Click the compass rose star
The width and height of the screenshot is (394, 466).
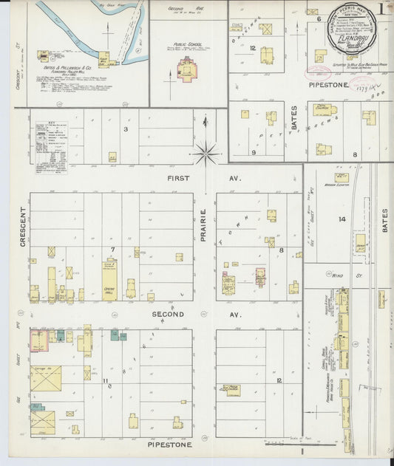[x=206, y=153]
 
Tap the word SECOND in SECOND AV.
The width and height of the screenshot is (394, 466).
[x=169, y=314]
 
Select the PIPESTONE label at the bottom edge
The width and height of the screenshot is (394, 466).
[x=169, y=445]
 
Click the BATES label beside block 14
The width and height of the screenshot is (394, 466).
[x=385, y=219]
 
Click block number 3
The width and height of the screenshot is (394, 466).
[x=126, y=129]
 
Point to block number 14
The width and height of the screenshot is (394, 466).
[x=342, y=219]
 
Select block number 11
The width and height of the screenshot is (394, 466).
[x=106, y=381]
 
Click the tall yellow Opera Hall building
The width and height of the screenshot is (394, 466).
[x=109, y=281]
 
